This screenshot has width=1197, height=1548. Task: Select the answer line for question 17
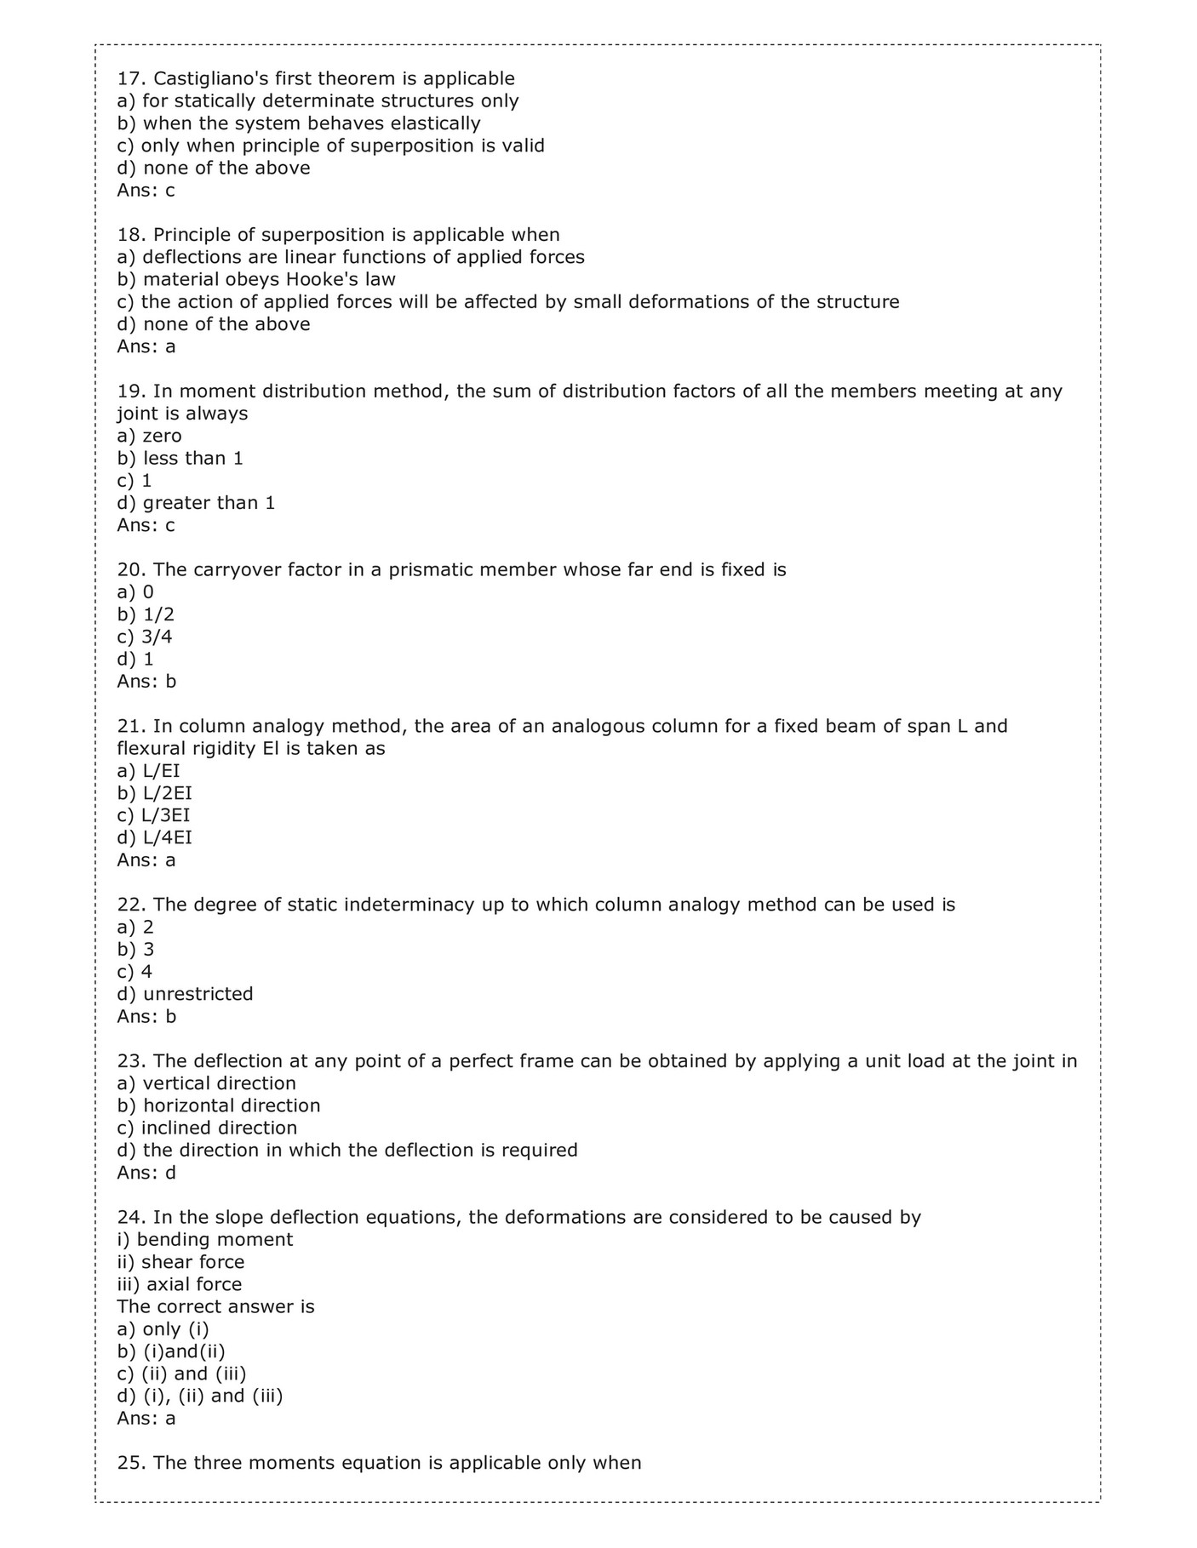click(146, 191)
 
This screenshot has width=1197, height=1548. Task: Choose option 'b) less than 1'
click(180, 459)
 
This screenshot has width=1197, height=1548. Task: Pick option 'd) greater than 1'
click(196, 503)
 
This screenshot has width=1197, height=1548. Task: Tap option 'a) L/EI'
click(148, 772)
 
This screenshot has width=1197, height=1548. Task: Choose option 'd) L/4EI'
click(154, 838)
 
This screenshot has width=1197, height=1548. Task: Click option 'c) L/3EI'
click(153, 816)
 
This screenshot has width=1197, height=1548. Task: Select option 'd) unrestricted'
click(185, 995)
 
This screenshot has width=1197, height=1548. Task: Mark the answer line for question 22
click(146, 1017)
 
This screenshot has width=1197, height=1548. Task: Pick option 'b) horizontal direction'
click(218, 1106)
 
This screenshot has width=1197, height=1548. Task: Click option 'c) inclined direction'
click(207, 1128)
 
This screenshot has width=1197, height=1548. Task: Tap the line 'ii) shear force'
click(180, 1263)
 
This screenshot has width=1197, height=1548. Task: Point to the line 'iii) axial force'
click(179, 1285)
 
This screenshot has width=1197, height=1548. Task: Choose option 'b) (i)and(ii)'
click(171, 1351)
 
